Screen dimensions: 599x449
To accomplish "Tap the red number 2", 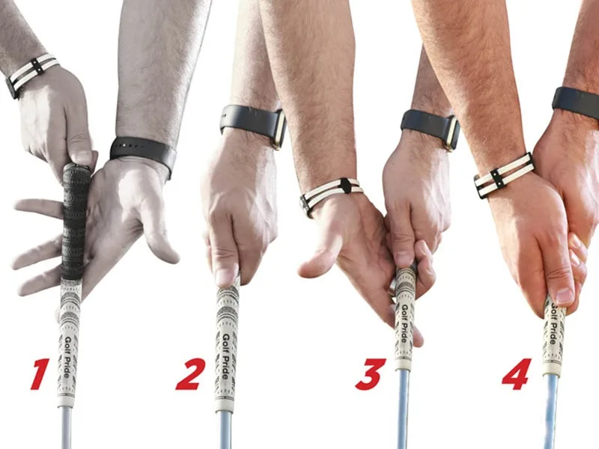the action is (x=190, y=373).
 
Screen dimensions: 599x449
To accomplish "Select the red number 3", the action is (x=369, y=373).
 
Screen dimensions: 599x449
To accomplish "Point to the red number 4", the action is (x=517, y=373).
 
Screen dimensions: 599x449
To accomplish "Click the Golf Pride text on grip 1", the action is (x=67, y=356).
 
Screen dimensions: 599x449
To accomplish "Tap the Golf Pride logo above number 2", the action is (x=225, y=356).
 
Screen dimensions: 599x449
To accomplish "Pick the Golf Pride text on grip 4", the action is (x=555, y=323).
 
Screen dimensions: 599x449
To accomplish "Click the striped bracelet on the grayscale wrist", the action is (x=32, y=73).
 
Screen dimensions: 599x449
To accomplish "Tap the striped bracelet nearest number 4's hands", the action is (x=504, y=175).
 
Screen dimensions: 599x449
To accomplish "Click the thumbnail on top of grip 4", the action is (x=565, y=295).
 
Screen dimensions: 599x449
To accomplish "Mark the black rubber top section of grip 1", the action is (x=75, y=222).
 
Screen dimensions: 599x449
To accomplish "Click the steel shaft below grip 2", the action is (x=224, y=429).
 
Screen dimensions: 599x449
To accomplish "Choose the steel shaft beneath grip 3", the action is (x=402, y=409).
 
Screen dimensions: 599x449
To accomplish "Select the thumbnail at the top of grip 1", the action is (x=83, y=156).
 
